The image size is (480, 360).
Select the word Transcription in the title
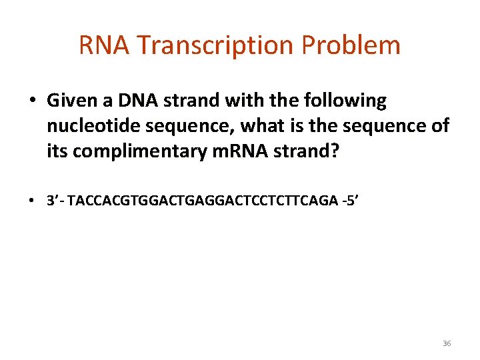tap(213, 45)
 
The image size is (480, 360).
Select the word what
tap(263, 127)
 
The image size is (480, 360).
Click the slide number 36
tap(447, 343)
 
